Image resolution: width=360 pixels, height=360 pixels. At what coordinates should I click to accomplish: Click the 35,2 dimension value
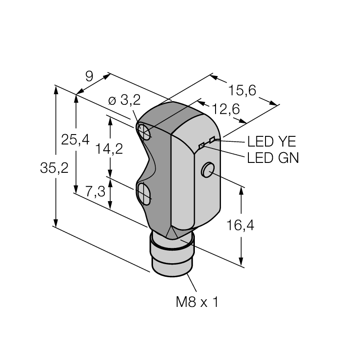coord(54,168)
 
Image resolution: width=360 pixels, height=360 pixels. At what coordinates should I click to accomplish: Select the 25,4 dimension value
coord(75,139)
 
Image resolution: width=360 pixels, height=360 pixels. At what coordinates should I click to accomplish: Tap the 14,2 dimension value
coord(109,148)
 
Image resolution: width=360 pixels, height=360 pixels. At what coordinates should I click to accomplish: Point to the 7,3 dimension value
coord(95,192)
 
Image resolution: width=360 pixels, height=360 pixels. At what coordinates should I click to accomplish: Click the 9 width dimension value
coord(89,76)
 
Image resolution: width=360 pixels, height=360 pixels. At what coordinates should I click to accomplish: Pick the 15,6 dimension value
coord(242,90)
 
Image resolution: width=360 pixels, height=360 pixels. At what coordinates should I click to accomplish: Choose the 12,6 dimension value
coord(226,109)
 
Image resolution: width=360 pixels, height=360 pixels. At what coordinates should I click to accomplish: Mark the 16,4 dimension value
coord(240,225)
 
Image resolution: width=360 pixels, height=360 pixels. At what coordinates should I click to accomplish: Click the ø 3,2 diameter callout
coord(124,100)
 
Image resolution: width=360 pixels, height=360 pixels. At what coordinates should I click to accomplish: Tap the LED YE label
coord(272,141)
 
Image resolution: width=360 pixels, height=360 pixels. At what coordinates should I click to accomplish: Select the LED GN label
coord(273,158)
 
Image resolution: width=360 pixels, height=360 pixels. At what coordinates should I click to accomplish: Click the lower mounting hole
coord(144,193)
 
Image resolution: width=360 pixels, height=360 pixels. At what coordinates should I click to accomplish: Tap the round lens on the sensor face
coord(208,170)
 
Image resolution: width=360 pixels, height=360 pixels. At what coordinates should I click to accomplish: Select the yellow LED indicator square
coord(212,139)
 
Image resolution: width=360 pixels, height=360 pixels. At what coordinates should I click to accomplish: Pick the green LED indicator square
coord(202,145)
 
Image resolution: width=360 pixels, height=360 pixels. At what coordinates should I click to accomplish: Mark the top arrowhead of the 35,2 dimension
coord(55,89)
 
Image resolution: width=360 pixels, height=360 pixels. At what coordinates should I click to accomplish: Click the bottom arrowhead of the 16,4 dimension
coord(241,261)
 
